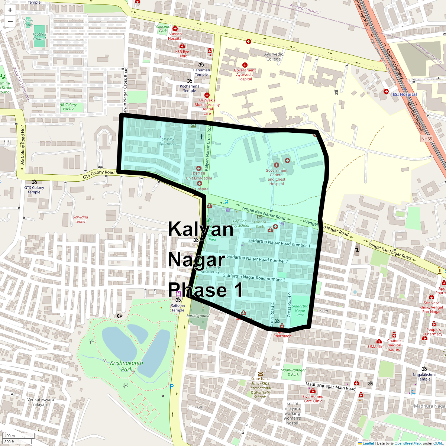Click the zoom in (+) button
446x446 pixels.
point(10,10)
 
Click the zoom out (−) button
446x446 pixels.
point(10,21)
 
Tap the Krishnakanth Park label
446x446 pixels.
point(126,366)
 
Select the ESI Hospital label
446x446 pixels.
point(405,94)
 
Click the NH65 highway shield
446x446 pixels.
point(427,139)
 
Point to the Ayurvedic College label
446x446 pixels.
point(274,56)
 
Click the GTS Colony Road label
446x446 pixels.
point(98,174)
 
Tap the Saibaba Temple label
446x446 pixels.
point(178,308)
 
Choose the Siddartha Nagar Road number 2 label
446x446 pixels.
point(257,259)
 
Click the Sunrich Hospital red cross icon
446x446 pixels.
point(175,29)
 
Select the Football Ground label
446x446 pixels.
point(39,36)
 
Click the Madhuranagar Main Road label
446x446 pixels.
point(330,387)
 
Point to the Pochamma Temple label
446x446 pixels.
point(190,88)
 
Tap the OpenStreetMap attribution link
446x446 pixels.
point(407,443)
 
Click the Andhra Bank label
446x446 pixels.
point(260,224)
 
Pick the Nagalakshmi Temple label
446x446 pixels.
point(424,377)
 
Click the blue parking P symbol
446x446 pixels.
point(172,387)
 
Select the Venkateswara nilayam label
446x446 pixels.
point(41,402)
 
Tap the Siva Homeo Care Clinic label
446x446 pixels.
point(313,399)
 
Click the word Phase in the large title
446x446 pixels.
point(197,290)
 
